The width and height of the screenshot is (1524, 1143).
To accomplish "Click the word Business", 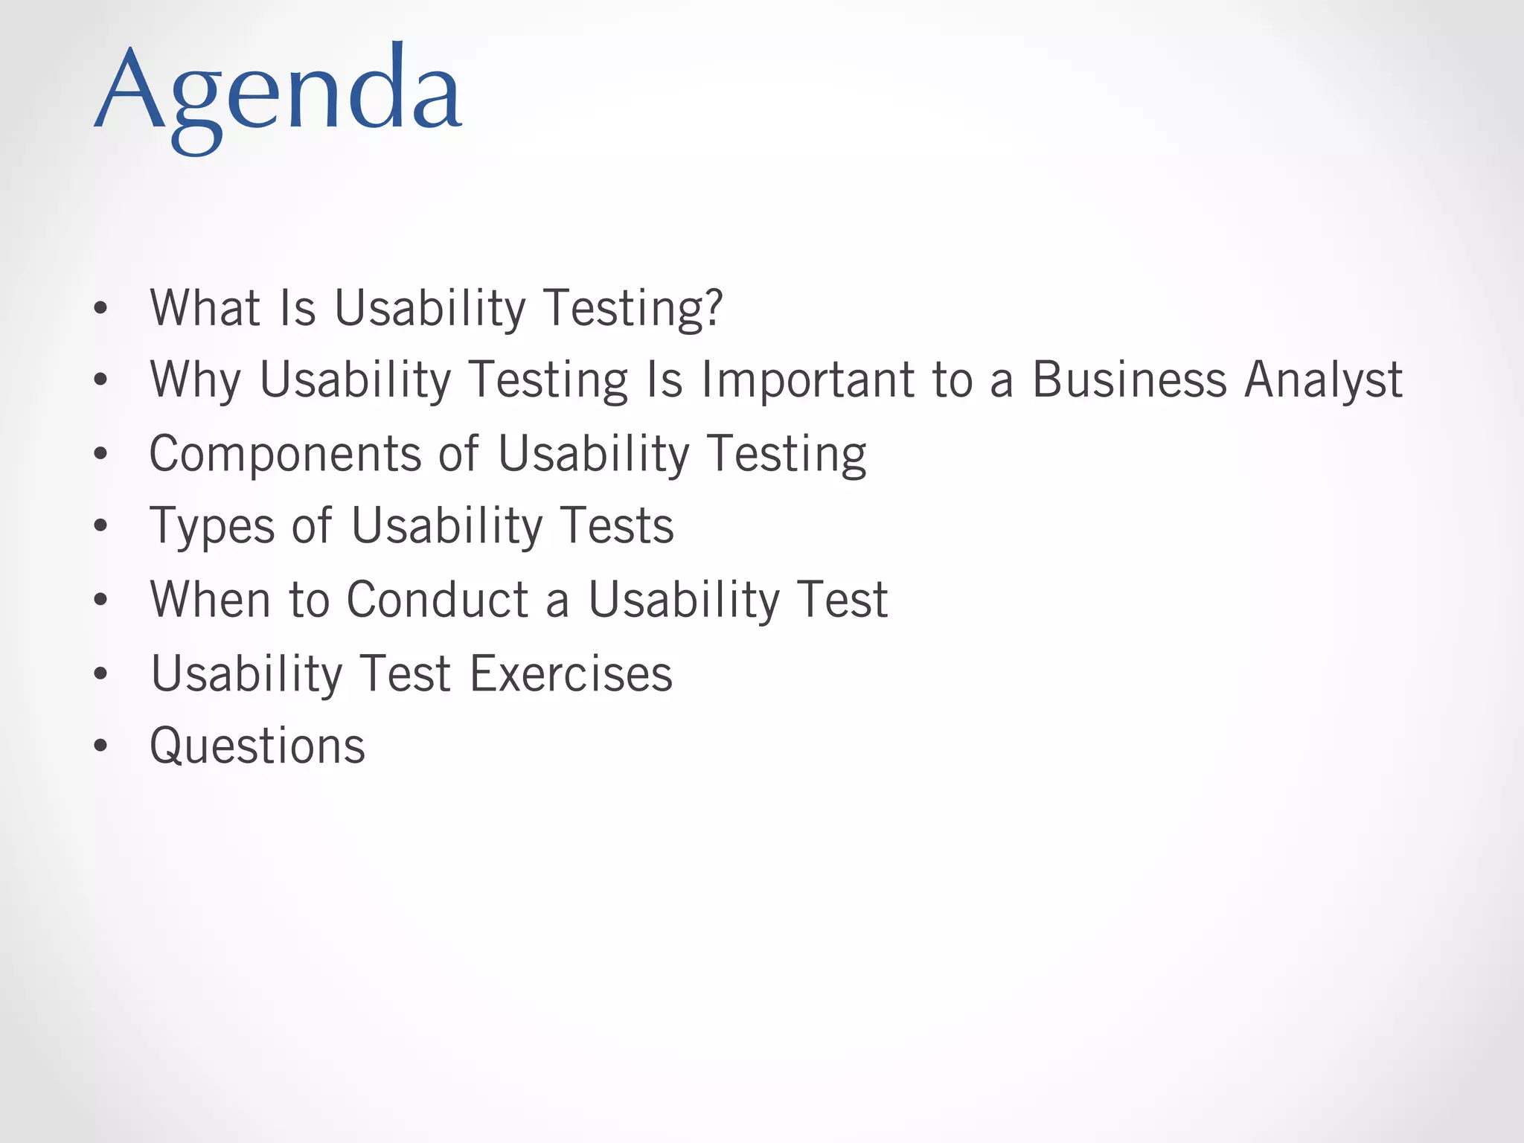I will [x=1129, y=380].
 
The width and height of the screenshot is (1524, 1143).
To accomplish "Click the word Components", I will [x=286, y=454].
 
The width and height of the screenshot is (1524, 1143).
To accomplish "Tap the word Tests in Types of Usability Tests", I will [x=617, y=525].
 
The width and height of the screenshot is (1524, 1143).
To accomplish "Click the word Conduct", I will [x=438, y=599].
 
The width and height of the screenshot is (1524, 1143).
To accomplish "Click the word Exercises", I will [x=571, y=673].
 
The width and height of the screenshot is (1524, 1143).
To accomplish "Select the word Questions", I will [x=257, y=746].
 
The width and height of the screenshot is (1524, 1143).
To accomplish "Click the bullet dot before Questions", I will [x=100, y=746].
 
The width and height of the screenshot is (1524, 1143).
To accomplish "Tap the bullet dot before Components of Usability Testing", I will [x=100, y=454].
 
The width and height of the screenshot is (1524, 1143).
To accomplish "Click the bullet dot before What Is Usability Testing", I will [x=100, y=308].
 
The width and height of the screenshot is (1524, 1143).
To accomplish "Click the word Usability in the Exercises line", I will [x=246, y=673].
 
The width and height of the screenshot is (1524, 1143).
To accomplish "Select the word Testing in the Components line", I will [x=787, y=454].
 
